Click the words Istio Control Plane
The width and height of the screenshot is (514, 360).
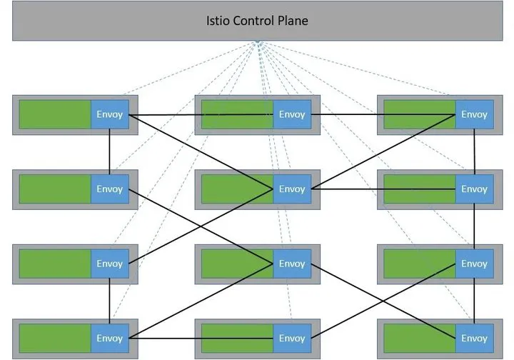257,21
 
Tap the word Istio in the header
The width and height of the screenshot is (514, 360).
217,21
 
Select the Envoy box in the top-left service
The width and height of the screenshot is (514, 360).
110,114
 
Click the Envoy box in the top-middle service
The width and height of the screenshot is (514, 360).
292,114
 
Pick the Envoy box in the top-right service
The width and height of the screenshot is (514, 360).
474,114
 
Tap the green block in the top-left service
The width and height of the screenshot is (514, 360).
55,114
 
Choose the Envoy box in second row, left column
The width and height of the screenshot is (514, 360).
110,189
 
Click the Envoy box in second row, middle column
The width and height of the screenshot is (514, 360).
292,189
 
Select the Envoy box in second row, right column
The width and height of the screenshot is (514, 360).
474,189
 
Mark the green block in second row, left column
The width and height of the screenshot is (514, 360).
55,189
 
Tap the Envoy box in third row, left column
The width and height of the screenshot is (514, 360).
110,264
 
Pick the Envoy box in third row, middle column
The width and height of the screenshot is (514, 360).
292,264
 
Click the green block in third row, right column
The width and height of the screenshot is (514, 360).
420,264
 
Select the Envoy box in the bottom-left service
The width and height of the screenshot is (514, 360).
110,338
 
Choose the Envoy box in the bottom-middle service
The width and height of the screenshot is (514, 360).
292,338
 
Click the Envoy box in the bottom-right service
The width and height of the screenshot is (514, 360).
474,338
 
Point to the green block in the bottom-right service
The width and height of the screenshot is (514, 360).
420,338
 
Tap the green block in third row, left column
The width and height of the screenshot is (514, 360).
55,264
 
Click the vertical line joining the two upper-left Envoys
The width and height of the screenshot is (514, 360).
109,151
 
